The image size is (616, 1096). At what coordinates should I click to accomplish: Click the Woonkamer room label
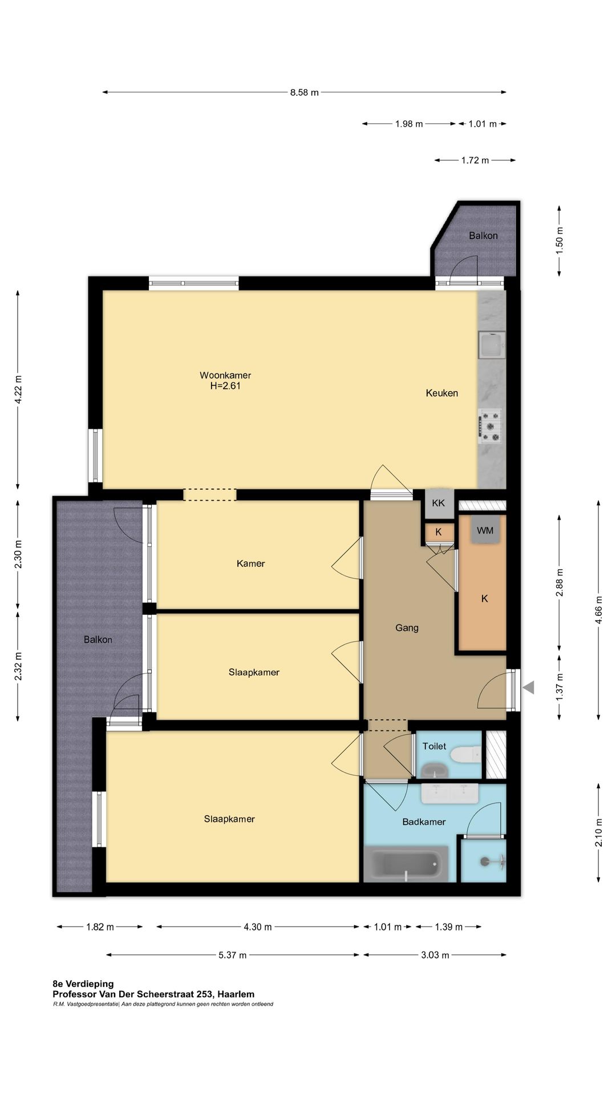(225, 375)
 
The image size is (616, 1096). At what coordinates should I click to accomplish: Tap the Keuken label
(442, 393)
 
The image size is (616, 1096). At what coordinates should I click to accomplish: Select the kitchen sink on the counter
(492, 345)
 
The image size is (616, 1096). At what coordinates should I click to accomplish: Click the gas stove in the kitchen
(490, 426)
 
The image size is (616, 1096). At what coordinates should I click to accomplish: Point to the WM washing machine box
(485, 530)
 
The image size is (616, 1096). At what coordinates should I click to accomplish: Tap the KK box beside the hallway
(439, 503)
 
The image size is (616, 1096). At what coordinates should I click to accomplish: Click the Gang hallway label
(407, 628)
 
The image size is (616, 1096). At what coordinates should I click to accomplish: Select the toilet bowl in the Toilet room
(466, 755)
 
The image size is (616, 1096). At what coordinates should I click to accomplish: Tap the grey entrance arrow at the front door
(529, 687)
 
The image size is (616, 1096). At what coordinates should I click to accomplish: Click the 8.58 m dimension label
(305, 92)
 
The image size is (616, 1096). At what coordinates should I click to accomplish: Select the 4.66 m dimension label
(599, 610)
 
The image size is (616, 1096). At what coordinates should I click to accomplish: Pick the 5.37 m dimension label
(233, 955)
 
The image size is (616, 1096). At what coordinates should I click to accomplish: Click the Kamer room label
(251, 563)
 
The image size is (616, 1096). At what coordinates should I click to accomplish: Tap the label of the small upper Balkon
(483, 236)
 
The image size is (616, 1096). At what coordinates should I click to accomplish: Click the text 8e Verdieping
(83, 984)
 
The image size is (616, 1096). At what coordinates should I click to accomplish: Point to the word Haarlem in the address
(236, 994)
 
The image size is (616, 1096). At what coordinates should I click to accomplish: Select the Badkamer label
(424, 822)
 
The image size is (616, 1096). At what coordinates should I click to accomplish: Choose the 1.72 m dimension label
(475, 160)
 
